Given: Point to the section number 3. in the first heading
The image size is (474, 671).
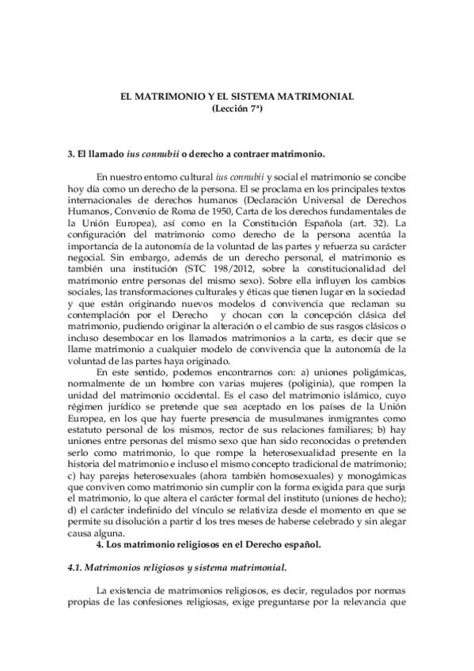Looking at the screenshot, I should point(72,153).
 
